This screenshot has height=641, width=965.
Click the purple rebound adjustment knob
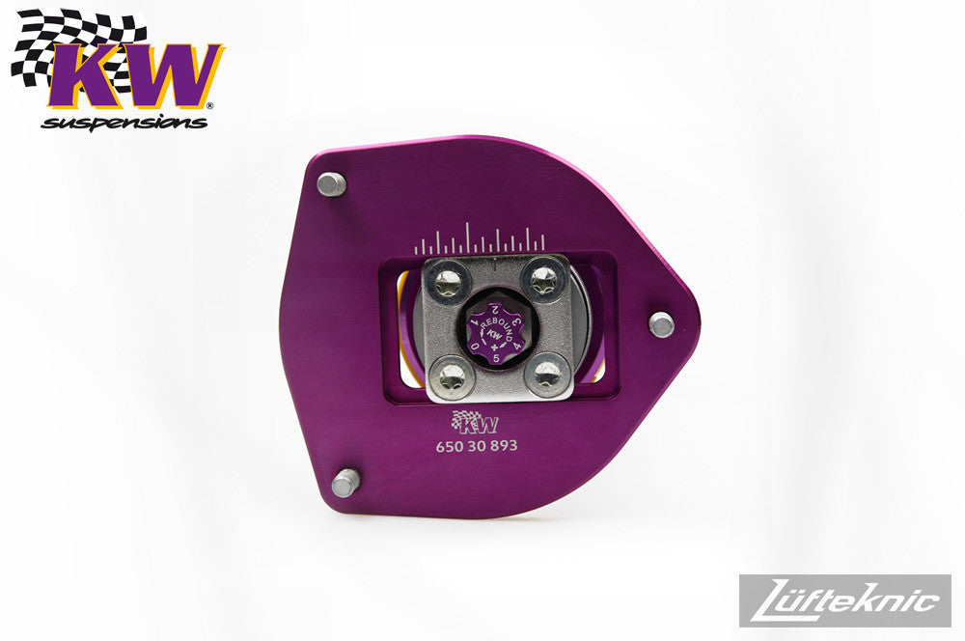(493, 334)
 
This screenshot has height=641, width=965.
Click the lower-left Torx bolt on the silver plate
(453, 375)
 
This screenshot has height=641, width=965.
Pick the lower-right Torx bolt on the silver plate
(546, 372)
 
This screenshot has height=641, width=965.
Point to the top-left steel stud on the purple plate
(331, 183)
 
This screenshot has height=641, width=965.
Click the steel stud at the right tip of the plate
(662, 324)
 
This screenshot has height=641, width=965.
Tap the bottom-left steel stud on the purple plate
(345, 482)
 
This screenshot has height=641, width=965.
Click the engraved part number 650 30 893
(477, 446)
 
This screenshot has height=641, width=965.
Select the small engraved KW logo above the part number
(475, 422)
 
